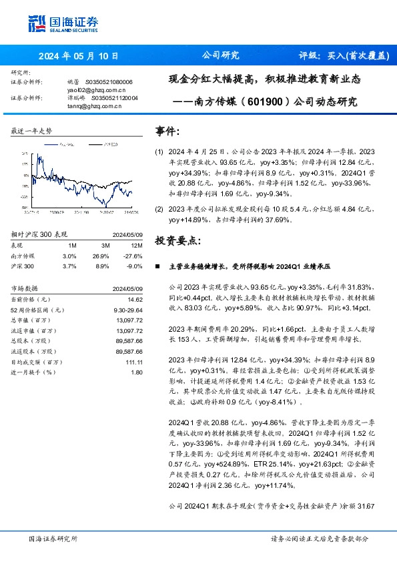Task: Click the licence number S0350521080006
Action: (x=111, y=81)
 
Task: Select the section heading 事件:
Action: (x=167, y=132)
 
